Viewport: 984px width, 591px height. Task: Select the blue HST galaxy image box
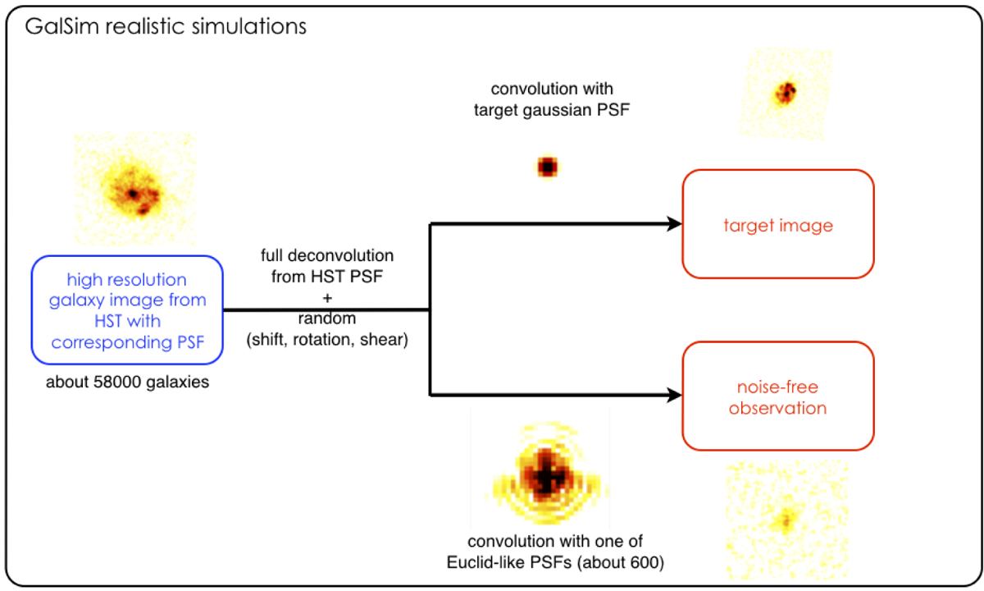127,311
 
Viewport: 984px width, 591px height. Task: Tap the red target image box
778,224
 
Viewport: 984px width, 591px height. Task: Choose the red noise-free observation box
778,396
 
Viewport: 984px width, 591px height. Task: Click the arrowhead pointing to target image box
674,224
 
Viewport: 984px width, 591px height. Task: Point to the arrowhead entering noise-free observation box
674,396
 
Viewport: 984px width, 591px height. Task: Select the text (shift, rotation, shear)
327,340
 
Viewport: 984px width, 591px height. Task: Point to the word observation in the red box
778,407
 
